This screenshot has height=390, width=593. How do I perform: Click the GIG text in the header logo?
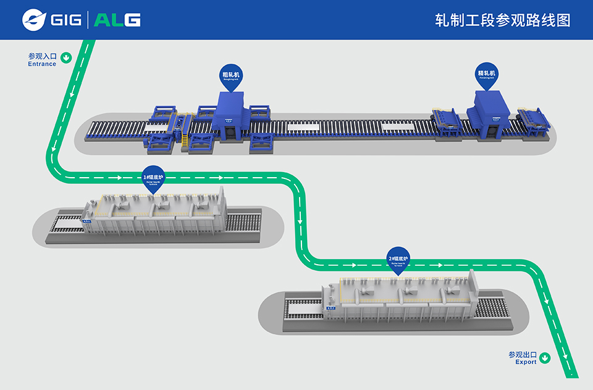point(66,20)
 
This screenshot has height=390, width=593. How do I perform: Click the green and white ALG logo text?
point(118,20)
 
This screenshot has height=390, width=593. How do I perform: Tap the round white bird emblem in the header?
point(34,20)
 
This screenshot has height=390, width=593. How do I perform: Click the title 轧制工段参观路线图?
point(502,20)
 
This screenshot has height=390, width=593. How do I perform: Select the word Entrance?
point(42,64)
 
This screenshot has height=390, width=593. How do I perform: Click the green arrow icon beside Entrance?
point(66,58)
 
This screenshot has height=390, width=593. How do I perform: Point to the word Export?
point(526,362)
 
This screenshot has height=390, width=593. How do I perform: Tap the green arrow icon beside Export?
point(545,357)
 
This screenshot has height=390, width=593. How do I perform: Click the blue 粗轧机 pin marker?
point(232,77)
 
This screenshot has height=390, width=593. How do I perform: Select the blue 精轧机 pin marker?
point(486,75)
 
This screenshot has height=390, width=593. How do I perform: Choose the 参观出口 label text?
point(523,355)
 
